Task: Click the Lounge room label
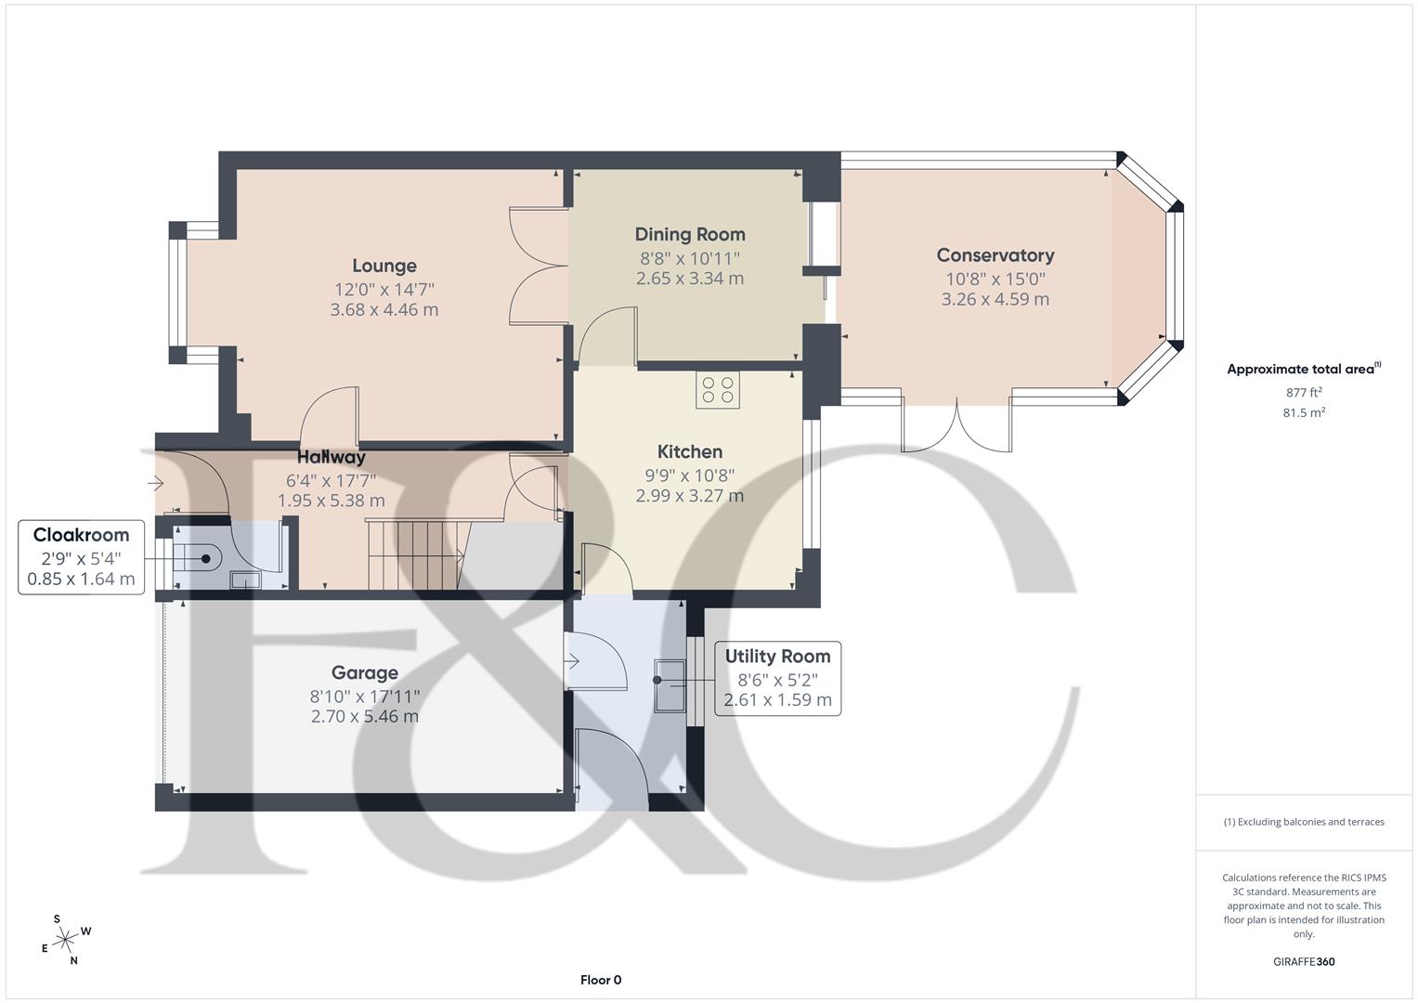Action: click(384, 267)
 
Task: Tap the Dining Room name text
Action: click(690, 235)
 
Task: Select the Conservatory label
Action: click(995, 255)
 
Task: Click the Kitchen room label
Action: click(690, 452)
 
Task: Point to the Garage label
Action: click(365, 673)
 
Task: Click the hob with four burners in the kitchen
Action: click(718, 389)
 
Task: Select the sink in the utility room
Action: click(669, 685)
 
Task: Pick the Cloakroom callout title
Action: click(81, 535)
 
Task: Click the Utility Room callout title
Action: click(777, 657)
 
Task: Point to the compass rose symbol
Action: click(65, 940)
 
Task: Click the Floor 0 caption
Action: click(601, 980)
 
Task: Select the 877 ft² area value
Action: click(1304, 393)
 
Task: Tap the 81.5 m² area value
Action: click(1304, 413)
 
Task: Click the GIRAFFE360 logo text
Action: click(1304, 962)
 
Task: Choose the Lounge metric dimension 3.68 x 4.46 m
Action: click(384, 310)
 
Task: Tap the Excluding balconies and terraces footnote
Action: click(1304, 822)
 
